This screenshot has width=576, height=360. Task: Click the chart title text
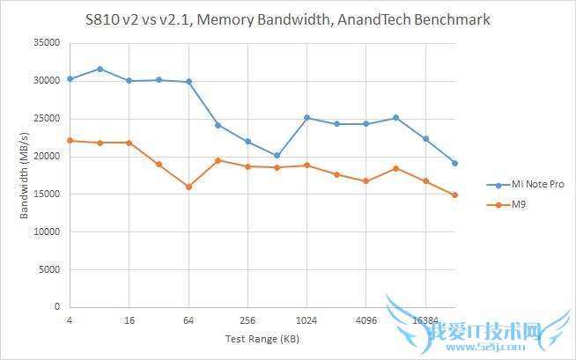tap(287, 18)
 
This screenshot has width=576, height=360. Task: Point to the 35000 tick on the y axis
tap(47, 42)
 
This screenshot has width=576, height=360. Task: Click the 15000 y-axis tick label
tap(47, 194)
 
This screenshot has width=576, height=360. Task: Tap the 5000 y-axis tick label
tap(49, 269)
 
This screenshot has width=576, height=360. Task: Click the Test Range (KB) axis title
tap(262, 338)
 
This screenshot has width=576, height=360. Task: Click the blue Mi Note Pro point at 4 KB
tap(70, 79)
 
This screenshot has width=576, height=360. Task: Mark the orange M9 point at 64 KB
tap(188, 187)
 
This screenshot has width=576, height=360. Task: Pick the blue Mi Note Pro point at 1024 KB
tap(306, 117)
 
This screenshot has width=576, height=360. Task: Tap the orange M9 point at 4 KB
tap(70, 141)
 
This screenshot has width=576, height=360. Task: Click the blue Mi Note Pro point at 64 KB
tap(188, 82)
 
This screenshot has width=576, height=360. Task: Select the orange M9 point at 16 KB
tap(129, 143)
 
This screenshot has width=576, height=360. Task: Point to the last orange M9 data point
tap(454, 195)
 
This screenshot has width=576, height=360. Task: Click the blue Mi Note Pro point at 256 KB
tap(247, 142)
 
